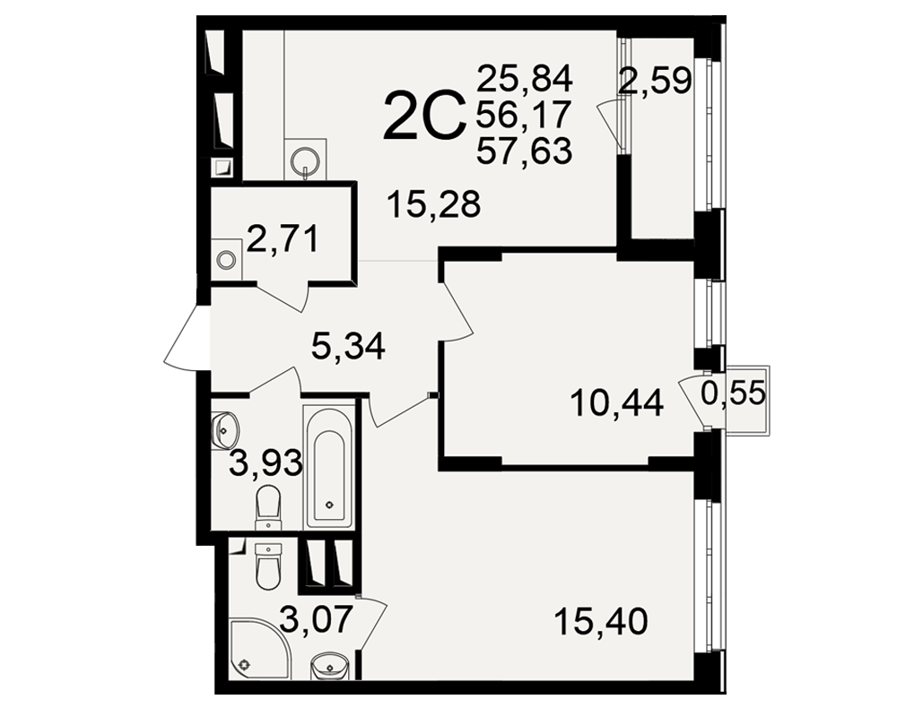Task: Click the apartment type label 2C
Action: click(x=422, y=117)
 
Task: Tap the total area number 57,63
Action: click(x=524, y=151)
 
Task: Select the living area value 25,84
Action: click(x=524, y=78)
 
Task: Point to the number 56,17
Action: click(x=524, y=115)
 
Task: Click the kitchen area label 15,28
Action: click(x=433, y=204)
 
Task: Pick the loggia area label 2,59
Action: click(x=656, y=81)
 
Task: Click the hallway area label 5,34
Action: click(x=348, y=346)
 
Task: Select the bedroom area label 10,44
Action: click(x=617, y=403)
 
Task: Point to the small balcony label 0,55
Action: click(x=733, y=393)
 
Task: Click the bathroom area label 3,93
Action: click(x=266, y=462)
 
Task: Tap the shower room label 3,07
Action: click(x=317, y=620)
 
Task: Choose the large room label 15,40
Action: click(x=601, y=621)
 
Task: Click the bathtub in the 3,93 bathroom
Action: click(x=329, y=467)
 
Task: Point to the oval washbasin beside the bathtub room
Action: click(x=225, y=429)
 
